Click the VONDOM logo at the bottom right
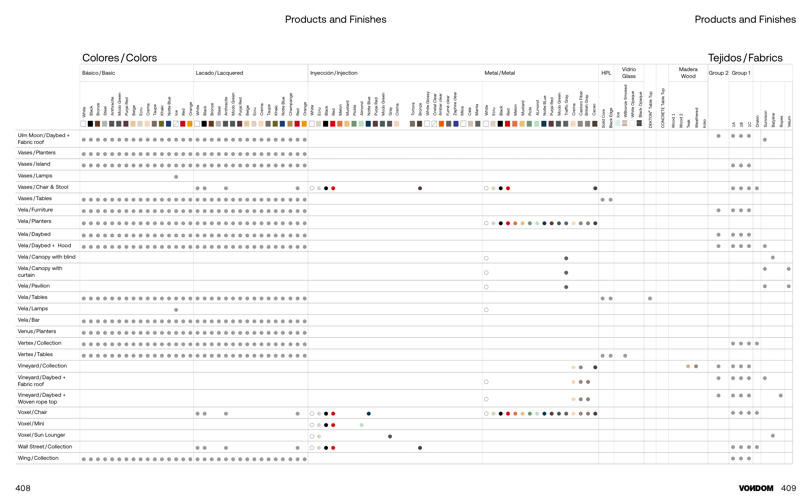pos(755,488)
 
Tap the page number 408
pos(23,488)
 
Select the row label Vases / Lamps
pos(35,176)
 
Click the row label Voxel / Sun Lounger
pos(41,435)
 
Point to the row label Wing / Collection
pos(38,458)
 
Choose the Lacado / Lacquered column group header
pos(219,73)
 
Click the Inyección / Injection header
pos(334,73)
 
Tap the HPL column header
pos(606,73)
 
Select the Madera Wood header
pos(688,72)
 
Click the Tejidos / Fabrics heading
pos(745,58)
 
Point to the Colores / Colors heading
pos(120,58)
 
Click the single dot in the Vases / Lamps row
pos(176,177)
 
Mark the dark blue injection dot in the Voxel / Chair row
pos(368,414)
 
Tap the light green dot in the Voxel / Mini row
pos(362,425)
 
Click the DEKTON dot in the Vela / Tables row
pos(650,298)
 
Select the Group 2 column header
pos(718,73)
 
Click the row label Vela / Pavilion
pos(33,286)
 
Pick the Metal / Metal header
pos(500,73)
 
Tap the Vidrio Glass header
pos(628,72)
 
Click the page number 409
pos(788,488)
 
